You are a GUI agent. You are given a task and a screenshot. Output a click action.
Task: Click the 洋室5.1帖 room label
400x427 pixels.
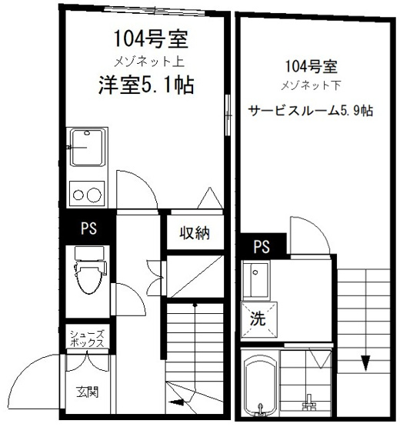point(145,84)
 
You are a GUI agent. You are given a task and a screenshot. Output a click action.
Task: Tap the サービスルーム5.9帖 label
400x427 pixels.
point(310,111)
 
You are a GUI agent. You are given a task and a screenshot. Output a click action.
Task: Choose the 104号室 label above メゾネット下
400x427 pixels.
point(310,66)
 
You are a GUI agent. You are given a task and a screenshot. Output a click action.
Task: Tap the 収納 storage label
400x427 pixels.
point(195,233)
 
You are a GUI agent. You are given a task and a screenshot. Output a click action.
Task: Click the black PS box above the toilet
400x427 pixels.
point(88,229)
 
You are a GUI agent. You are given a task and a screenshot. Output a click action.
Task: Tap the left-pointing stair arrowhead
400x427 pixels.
point(178,401)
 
